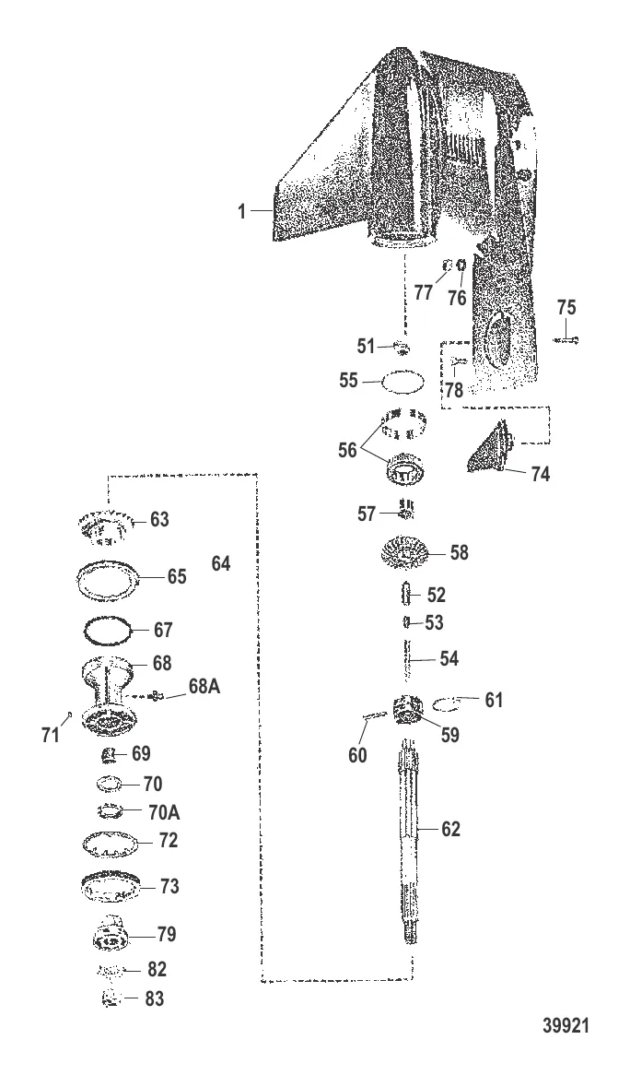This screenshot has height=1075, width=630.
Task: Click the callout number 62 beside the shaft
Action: point(450,829)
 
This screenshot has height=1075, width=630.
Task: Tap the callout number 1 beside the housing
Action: point(241,210)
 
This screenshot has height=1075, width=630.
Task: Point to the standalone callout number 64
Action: point(221,564)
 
